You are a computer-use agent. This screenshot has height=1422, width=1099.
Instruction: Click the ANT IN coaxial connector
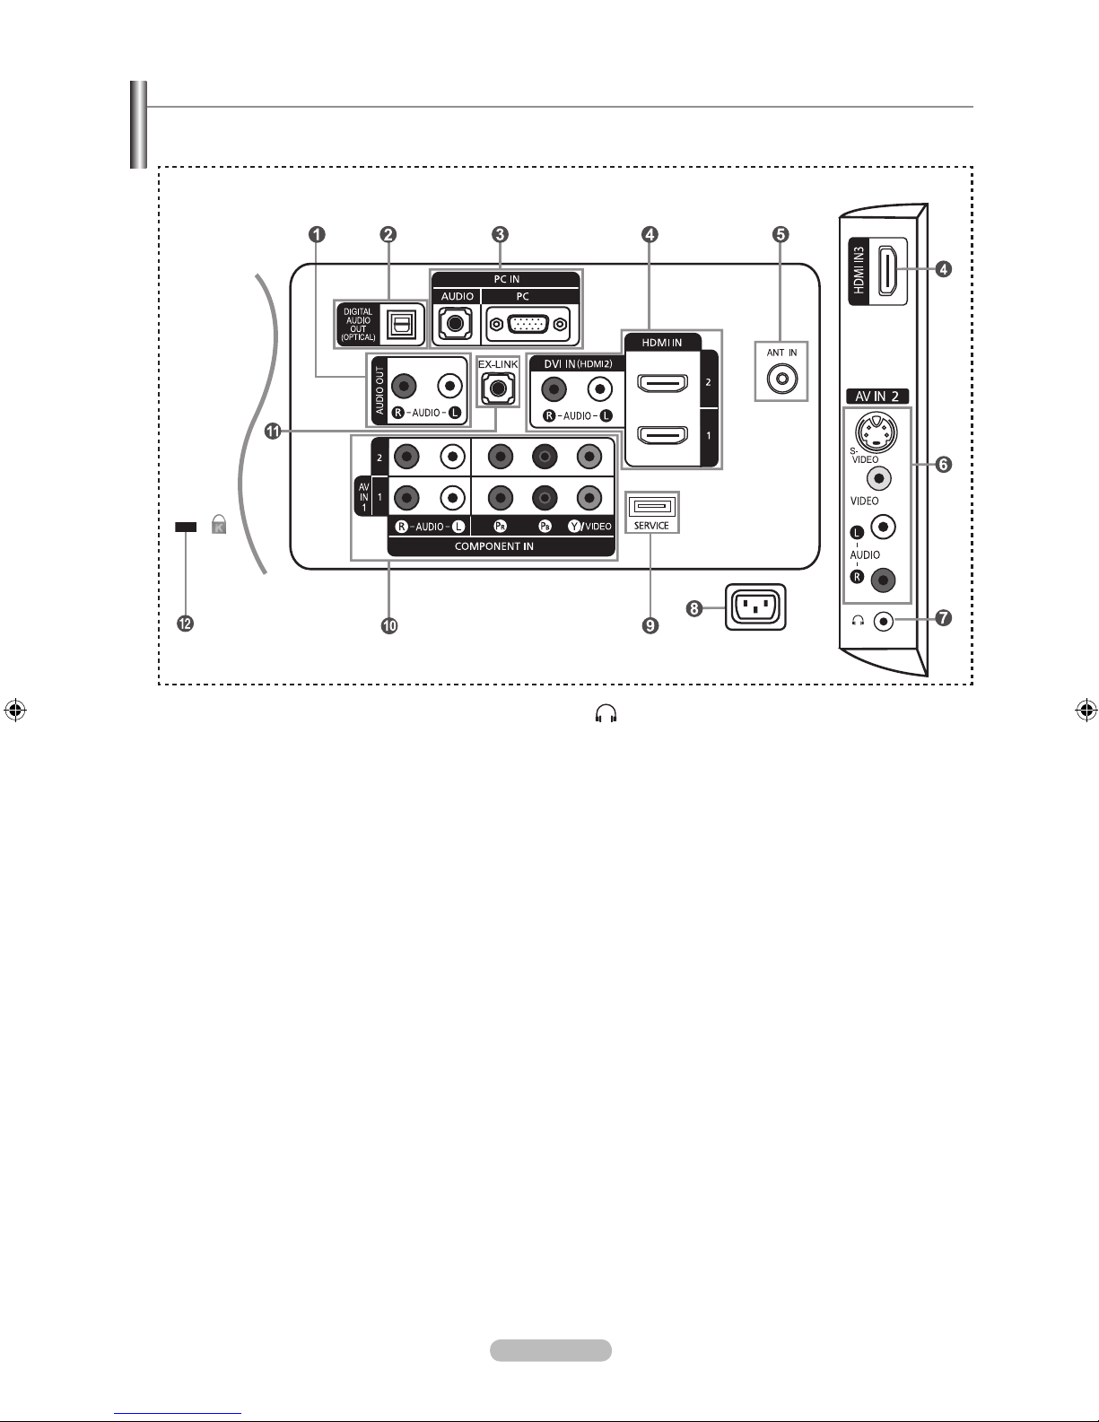[781, 379]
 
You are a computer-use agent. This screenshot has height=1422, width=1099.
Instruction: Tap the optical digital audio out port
[401, 324]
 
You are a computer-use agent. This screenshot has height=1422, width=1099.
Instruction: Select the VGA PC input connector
[528, 324]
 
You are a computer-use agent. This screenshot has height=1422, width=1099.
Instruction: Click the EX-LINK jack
[498, 388]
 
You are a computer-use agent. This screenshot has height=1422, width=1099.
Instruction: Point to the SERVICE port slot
[651, 507]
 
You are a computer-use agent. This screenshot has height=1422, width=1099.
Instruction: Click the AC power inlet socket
[755, 607]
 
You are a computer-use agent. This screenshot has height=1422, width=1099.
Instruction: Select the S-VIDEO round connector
[876, 432]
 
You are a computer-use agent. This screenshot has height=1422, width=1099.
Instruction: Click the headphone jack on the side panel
[884, 620]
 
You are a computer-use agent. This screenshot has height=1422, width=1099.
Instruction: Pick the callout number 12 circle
[185, 624]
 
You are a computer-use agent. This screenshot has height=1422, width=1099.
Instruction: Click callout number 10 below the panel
[389, 626]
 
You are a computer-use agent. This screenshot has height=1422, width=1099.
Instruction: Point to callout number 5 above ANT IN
[781, 234]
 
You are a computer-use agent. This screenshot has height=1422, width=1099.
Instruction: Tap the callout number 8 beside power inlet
[694, 609]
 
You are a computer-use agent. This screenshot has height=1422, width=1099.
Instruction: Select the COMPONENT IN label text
[494, 546]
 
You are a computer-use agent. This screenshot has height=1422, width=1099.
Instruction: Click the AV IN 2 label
[877, 397]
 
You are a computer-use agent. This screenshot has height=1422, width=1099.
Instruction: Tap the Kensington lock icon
[219, 524]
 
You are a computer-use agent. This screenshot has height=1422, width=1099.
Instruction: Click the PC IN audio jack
[456, 323]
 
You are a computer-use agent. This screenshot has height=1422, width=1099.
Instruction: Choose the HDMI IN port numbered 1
[663, 434]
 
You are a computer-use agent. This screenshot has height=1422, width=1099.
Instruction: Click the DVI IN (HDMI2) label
[579, 364]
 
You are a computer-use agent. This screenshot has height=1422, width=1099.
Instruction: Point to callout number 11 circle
[273, 432]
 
